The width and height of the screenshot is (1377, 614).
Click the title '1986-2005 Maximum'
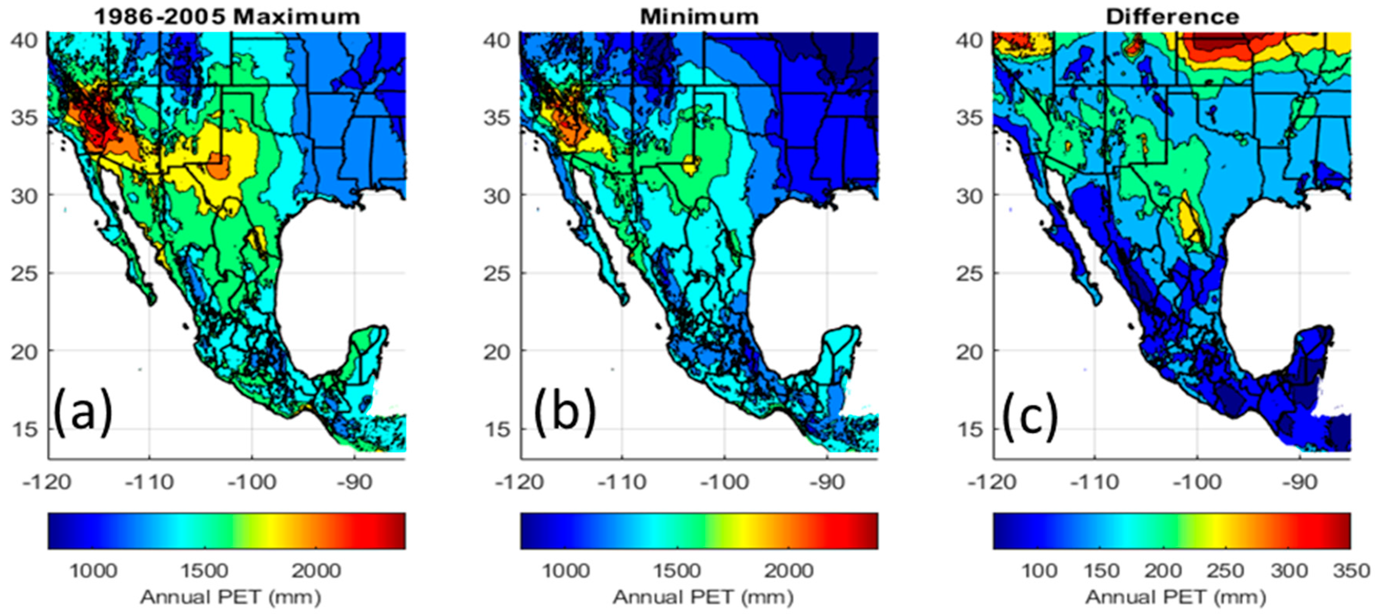227,17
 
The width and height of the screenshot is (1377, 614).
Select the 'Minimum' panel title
699,17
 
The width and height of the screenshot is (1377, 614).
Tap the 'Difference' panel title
1172,17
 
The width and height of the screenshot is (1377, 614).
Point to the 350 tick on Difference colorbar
1351,571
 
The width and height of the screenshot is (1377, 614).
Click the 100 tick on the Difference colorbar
1039,571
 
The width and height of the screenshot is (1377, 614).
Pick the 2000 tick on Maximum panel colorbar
316,571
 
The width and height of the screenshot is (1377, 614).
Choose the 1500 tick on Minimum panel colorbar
677,571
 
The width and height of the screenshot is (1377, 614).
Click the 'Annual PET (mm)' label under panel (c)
1175,597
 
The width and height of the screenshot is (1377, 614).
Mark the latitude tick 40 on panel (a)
24,40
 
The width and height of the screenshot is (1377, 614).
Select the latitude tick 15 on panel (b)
497,429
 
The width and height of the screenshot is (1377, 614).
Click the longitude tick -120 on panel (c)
992,482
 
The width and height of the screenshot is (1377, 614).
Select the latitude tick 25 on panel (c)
970,274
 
